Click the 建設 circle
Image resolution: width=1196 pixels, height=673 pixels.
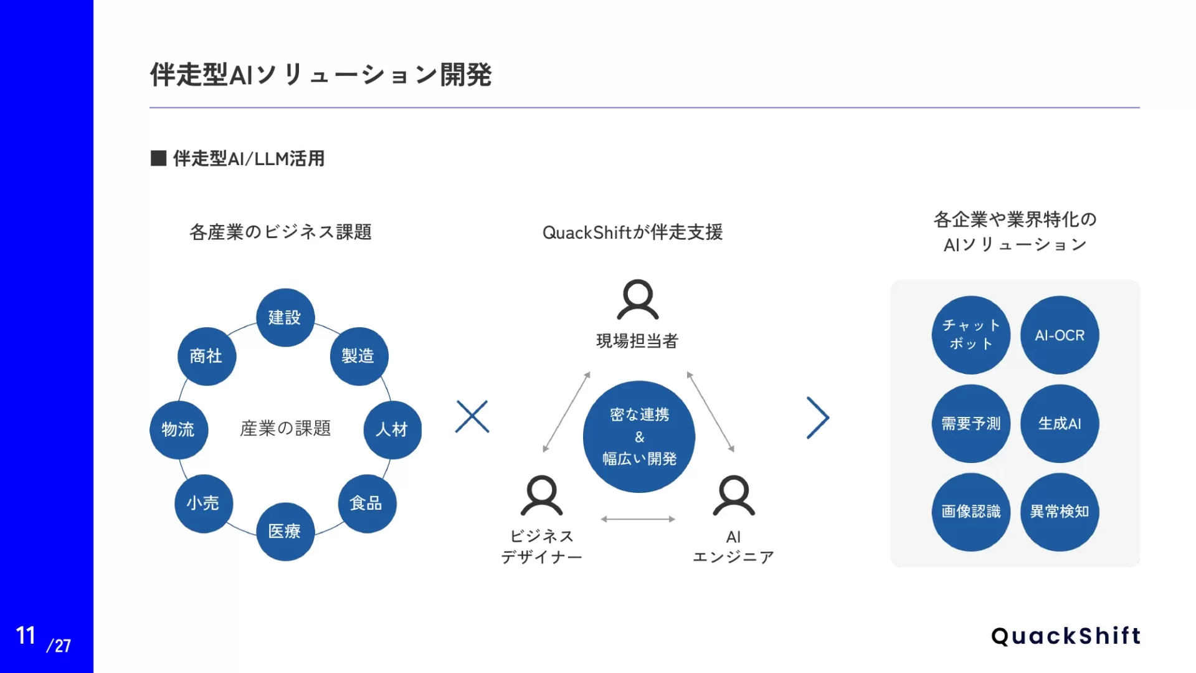point(285,317)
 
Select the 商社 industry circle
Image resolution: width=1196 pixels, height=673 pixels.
point(206,356)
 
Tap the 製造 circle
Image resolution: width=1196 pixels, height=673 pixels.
point(359,356)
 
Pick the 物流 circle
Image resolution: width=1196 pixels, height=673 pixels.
point(178,429)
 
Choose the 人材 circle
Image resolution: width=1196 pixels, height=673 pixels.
point(392,429)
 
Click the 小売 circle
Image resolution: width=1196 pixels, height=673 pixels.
point(203,503)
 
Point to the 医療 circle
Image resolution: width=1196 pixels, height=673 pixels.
point(285,531)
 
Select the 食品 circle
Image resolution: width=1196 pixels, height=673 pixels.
point(366,503)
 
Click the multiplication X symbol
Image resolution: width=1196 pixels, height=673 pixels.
point(472,416)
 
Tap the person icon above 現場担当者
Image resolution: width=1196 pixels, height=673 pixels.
point(637,300)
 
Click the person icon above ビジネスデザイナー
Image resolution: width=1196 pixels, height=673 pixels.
point(541,496)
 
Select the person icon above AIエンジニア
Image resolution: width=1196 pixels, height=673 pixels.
point(733,496)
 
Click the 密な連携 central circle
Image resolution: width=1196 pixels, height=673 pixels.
point(639,436)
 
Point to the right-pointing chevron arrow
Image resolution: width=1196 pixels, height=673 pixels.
point(818,418)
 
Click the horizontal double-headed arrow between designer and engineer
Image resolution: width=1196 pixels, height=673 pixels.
point(638,519)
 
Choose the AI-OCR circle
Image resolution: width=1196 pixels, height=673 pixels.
point(1060,335)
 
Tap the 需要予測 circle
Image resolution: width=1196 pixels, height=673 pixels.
point(971,424)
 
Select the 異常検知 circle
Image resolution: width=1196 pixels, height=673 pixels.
point(1060,512)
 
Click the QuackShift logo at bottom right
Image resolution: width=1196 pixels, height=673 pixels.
point(1066,636)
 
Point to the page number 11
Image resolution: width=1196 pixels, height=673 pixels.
point(26,636)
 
